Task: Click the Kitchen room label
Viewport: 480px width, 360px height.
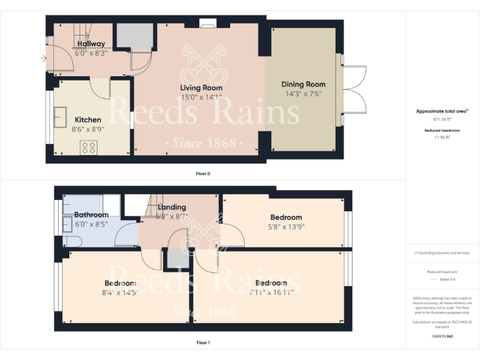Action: coord(88,119)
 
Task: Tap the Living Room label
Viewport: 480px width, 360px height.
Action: coord(201,87)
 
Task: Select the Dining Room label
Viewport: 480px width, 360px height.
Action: coord(303,84)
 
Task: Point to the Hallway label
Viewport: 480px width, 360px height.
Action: coord(91,44)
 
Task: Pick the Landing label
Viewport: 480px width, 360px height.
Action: coord(172,207)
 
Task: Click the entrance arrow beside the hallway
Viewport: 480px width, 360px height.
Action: coord(42,59)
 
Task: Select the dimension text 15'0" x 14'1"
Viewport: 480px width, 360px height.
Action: coord(201,97)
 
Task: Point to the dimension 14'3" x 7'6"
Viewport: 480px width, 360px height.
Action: coord(303,94)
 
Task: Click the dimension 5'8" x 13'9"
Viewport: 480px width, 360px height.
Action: coord(286,227)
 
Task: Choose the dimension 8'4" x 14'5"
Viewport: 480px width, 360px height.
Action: coord(121,292)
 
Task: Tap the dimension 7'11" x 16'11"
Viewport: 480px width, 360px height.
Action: coord(271,292)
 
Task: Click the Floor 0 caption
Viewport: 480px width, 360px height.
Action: coord(203,173)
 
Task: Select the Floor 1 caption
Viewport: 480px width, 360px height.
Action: coord(203,342)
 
